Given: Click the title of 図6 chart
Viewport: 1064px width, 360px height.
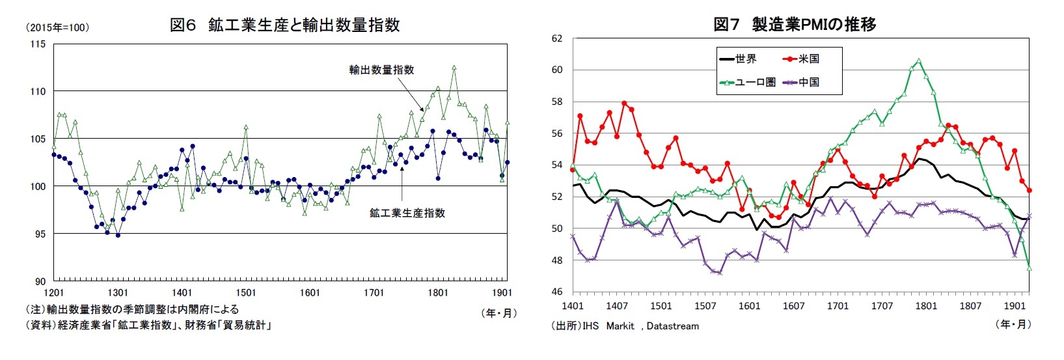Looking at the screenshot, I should (284, 25).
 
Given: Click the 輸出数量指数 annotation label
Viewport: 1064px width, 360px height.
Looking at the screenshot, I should (381, 70).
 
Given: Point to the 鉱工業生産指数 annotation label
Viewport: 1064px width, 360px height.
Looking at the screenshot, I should (407, 213).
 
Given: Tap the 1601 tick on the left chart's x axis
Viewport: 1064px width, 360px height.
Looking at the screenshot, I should (310, 293).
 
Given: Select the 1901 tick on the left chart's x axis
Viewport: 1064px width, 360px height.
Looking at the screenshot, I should (501, 293).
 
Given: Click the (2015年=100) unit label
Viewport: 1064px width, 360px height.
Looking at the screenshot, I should (57, 28).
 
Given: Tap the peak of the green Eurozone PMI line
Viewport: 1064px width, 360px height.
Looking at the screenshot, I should (918, 61).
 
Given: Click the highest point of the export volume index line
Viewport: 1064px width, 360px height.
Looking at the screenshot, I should (454, 66).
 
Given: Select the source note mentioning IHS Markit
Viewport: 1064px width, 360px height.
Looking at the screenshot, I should (625, 325).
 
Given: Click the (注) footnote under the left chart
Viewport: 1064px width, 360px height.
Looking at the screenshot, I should (131, 309).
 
